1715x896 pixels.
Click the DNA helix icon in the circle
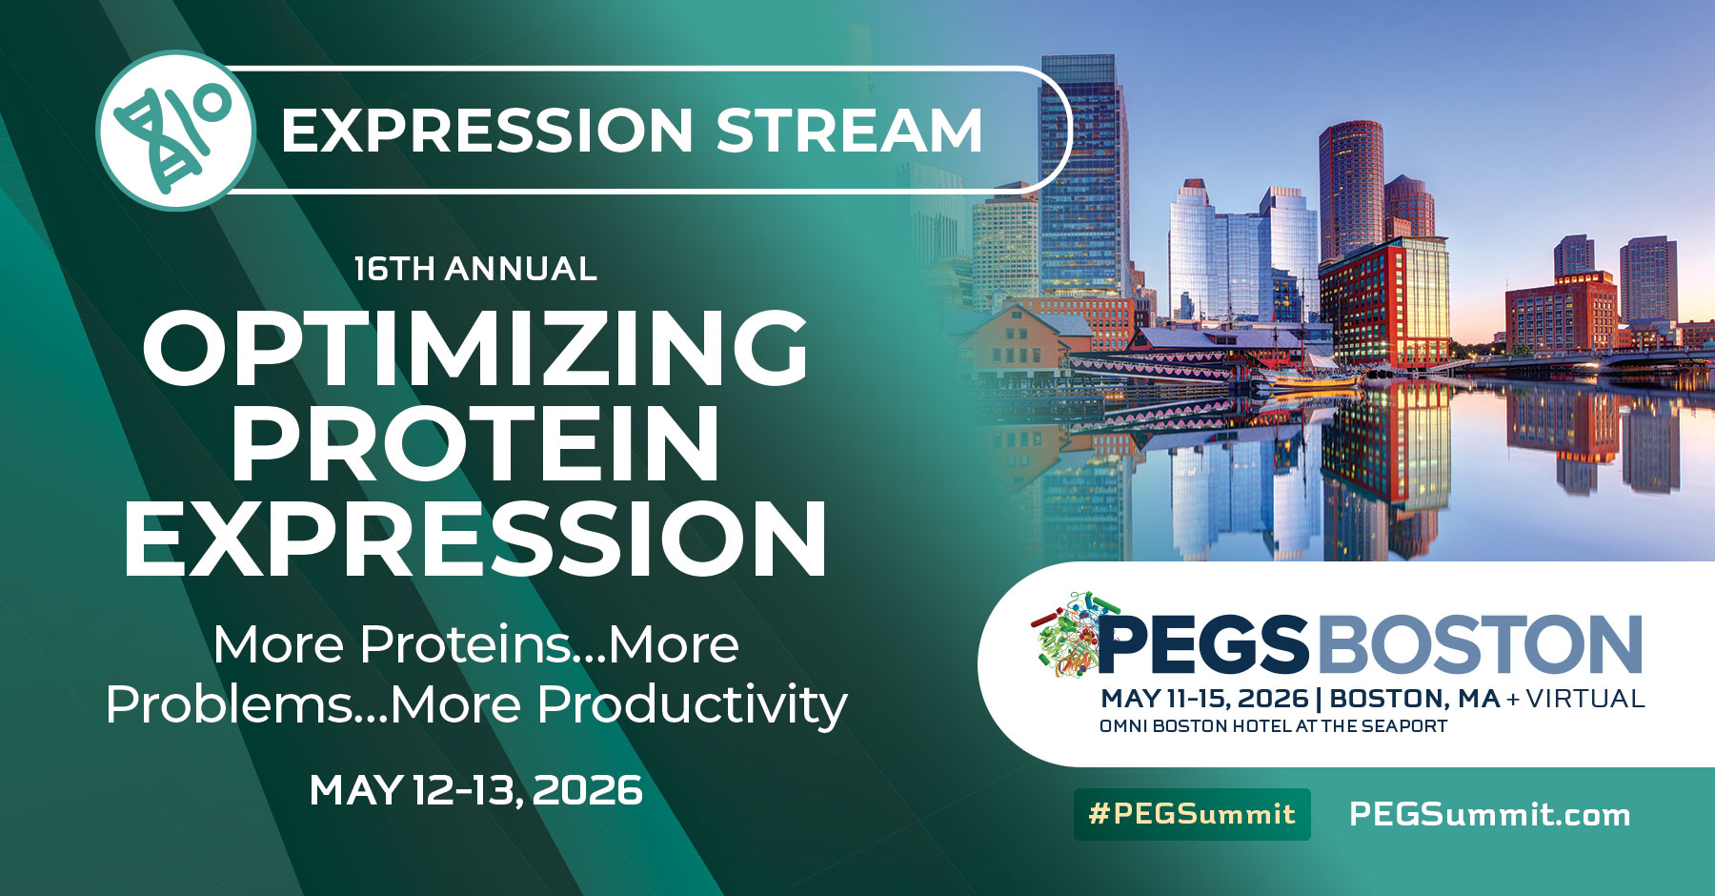pos(175,131)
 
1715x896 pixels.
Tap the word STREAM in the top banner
pos(848,131)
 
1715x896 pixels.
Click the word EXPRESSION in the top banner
pos(487,131)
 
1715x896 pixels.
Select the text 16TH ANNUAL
pos(475,269)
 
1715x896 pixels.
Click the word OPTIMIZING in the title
pos(475,349)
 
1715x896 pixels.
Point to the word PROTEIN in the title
pos(475,444)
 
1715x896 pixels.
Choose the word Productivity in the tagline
pos(692,705)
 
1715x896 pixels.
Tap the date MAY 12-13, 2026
pos(475,790)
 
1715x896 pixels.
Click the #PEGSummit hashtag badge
pos(1192,814)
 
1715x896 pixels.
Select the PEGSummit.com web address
pos(1489,814)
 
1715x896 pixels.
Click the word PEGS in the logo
pos(1202,645)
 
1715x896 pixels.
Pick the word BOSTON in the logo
pos(1481,645)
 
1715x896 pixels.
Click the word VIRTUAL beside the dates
pos(1585,699)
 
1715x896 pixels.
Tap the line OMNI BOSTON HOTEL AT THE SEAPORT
pos(1273,726)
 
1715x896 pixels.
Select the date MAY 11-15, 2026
pos(1204,699)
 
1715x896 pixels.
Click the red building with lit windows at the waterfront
pos(1386,305)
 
